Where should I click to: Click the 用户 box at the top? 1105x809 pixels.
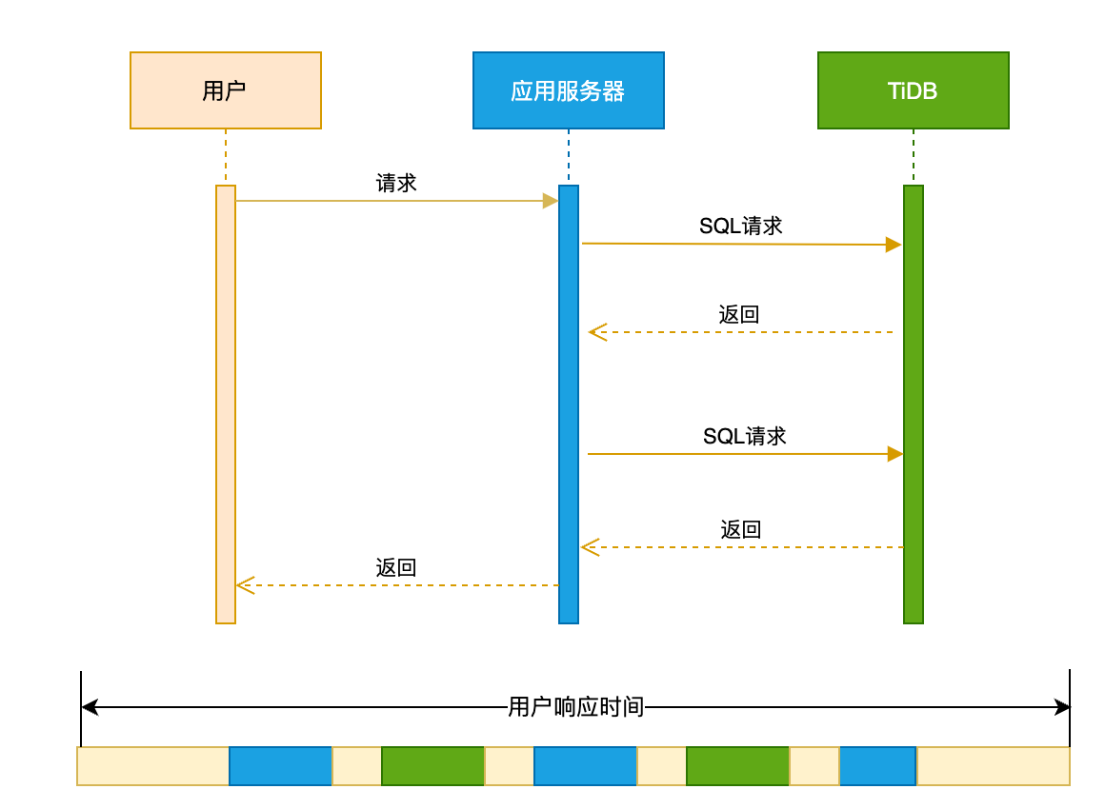(x=226, y=90)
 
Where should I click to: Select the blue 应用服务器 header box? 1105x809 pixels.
(x=568, y=90)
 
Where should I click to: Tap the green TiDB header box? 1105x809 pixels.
(x=913, y=90)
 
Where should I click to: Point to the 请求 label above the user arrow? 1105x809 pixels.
(x=396, y=184)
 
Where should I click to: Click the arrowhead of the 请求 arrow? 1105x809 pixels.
(x=551, y=201)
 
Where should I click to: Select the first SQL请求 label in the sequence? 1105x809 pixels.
(x=740, y=227)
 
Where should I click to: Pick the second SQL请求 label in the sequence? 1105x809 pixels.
(x=744, y=437)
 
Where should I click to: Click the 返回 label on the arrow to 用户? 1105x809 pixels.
(x=396, y=568)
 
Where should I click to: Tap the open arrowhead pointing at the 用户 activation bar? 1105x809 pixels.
(x=244, y=585)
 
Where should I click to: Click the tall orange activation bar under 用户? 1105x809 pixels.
(x=226, y=404)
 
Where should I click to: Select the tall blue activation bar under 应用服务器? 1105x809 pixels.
(x=568, y=404)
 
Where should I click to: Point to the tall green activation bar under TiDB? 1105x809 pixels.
(x=913, y=404)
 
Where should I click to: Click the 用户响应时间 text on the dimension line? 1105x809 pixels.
(x=575, y=707)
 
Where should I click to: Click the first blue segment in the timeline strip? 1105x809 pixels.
(x=280, y=766)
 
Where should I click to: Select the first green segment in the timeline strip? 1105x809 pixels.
(x=432, y=766)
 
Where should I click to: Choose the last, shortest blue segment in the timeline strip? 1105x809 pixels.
(x=877, y=766)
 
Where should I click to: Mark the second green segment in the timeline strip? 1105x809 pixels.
(x=737, y=766)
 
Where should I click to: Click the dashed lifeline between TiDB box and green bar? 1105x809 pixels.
(x=913, y=157)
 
